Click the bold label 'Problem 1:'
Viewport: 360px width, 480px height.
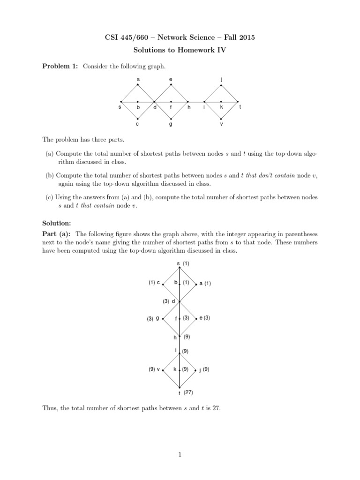[x=60, y=67]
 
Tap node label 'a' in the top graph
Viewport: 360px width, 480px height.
[x=138, y=79]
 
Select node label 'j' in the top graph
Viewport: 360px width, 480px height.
[x=221, y=79]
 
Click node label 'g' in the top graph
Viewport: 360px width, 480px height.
[x=171, y=124]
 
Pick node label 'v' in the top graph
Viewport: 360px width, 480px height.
[x=221, y=124]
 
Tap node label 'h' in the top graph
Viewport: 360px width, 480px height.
[x=189, y=107]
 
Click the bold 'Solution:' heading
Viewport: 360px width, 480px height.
[x=58, y=223]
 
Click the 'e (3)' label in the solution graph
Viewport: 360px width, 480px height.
[x=204, y=318]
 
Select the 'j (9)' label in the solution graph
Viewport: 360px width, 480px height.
[x=204, y=369]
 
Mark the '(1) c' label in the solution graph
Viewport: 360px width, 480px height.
[x=155, y=283]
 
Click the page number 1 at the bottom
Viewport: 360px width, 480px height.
[x=180, y=454]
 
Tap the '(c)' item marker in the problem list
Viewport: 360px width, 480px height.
[x=49, y=197]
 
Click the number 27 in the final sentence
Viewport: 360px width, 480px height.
[x=216, y=408]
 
